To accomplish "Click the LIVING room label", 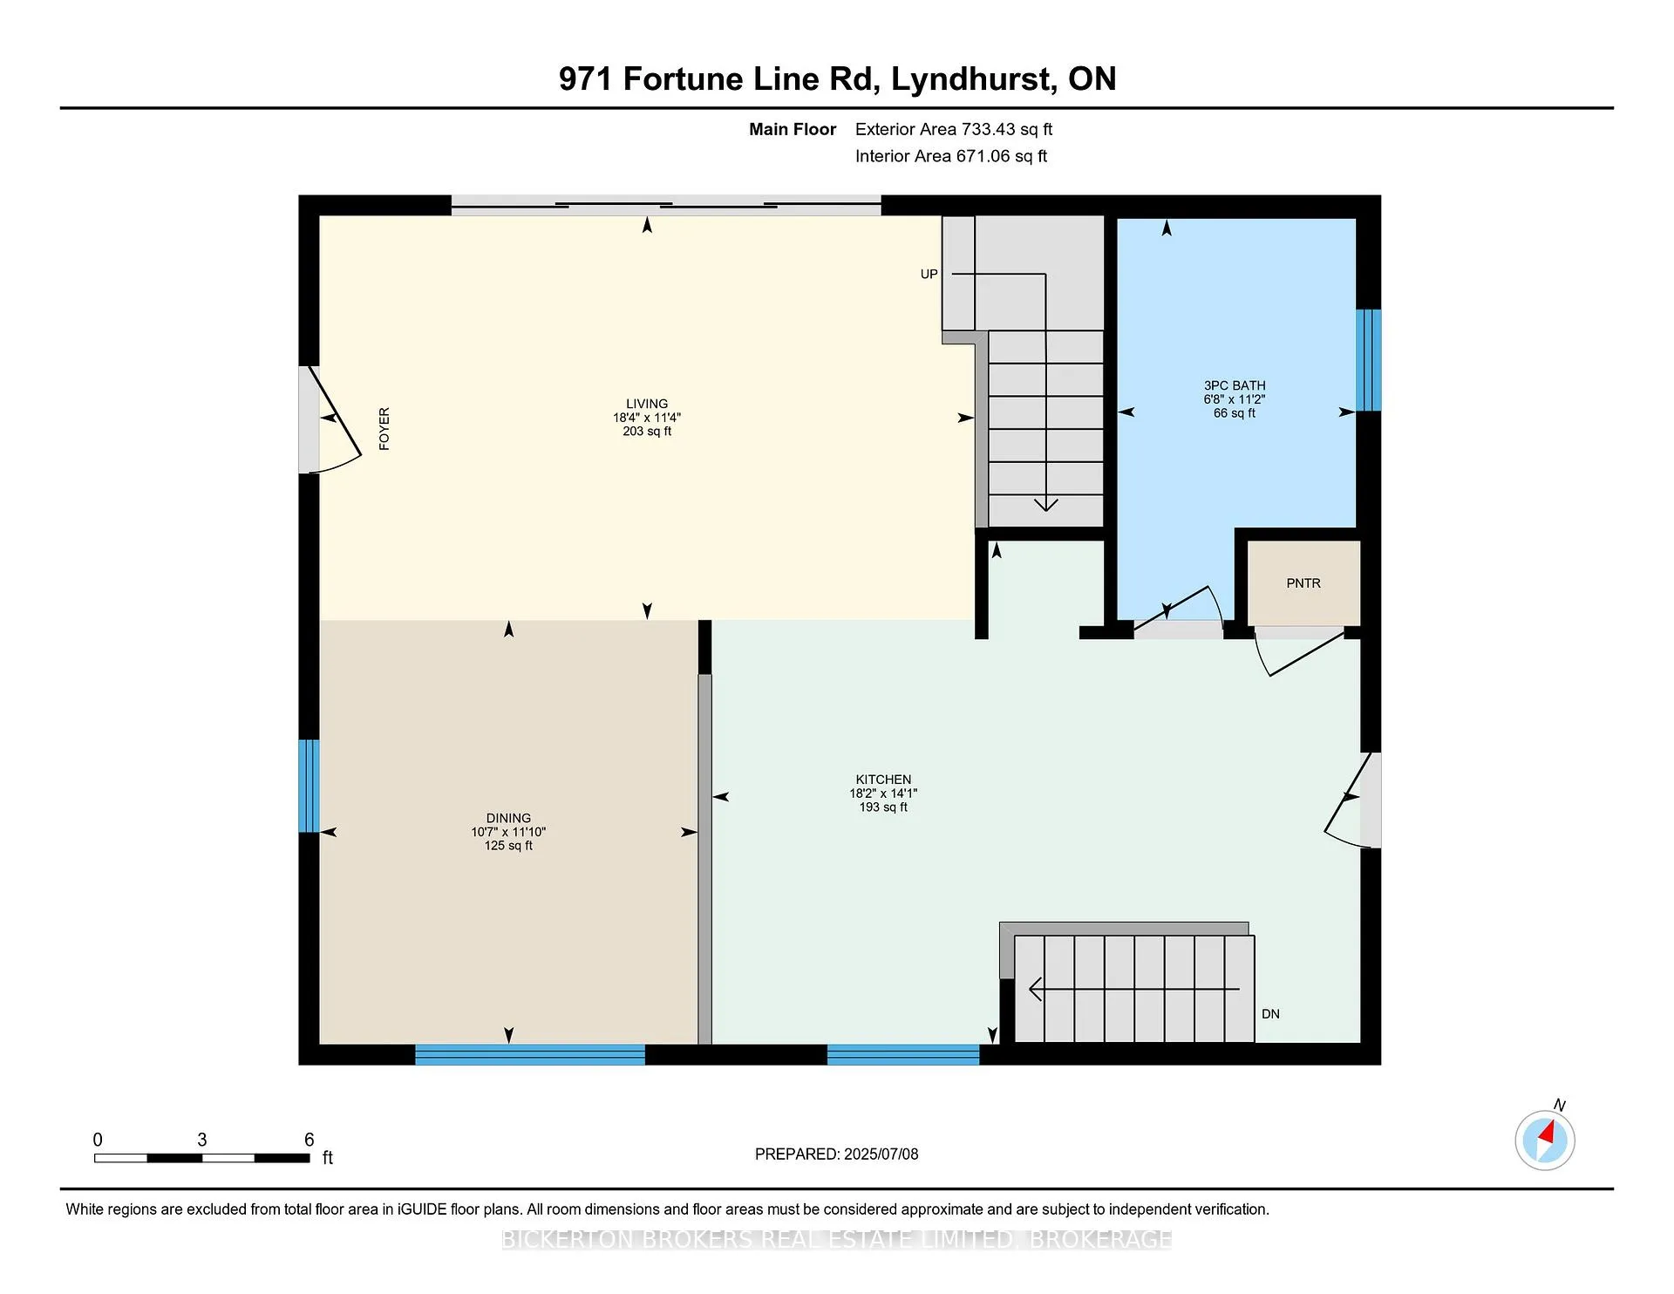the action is tap(647, 404).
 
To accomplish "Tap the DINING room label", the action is tap(508, 818).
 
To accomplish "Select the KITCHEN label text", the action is tap(883, 780).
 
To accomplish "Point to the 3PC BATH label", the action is tap(1235, 385).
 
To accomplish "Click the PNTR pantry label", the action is tap(1303, 583).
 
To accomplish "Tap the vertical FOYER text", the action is tap(384, 429).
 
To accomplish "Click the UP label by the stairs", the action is tap(929, 274).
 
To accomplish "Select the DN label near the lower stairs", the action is tap(1270, 1014).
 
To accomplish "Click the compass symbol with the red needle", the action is tap(1545, 1140).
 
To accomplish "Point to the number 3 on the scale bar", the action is tap(202, 1140).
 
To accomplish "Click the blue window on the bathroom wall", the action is tap(1369, 360).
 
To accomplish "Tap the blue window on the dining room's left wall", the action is tap(310, 786).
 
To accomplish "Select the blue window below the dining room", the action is tap(530, 1054).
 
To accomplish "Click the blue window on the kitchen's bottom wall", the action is tap(903, 1054).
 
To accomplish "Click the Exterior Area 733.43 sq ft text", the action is tap(954, 129).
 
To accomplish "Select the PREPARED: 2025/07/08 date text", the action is tap(837, 1154).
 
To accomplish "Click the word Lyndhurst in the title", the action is tap(971, 79).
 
